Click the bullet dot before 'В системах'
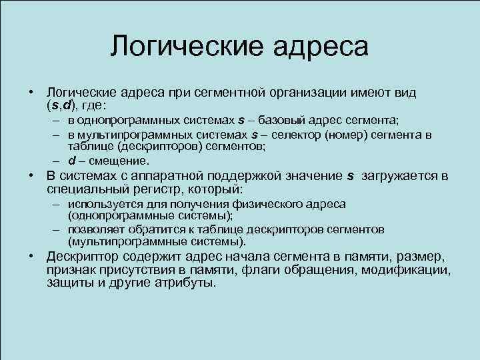pyautogui.click(x=31, y=176)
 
